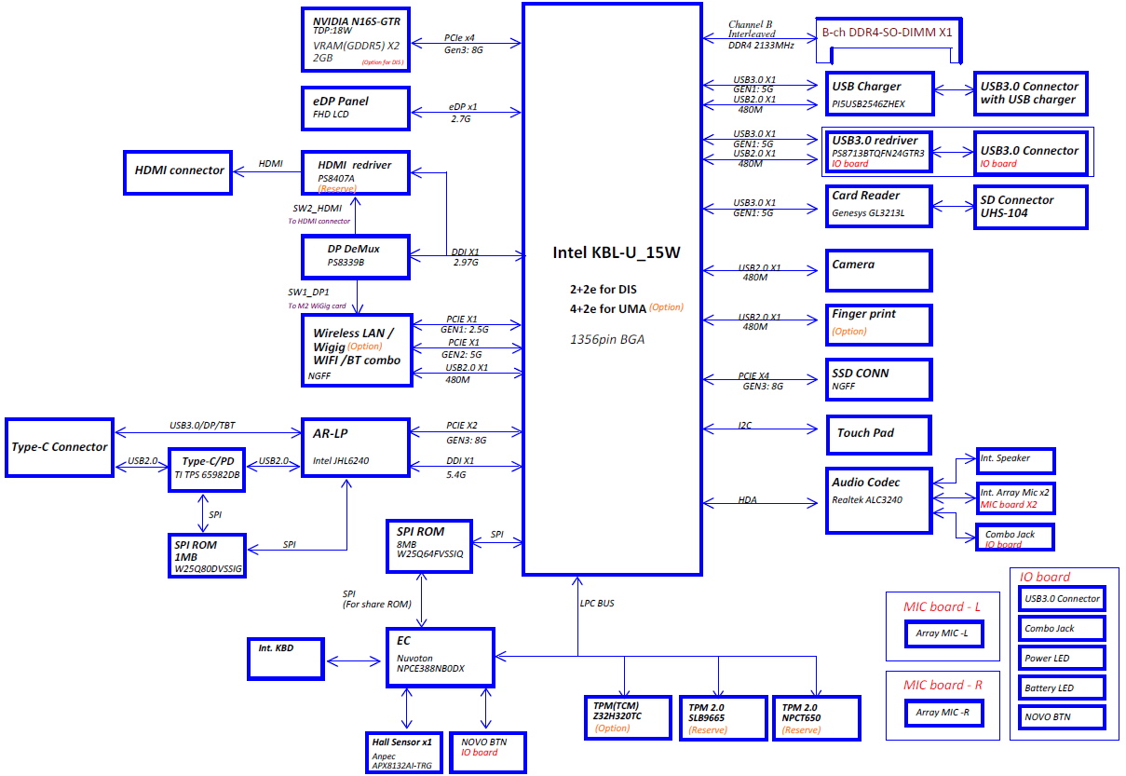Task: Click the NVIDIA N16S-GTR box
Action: pos(356,39)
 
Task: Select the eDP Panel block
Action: pos(356,108)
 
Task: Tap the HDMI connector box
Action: pos(178,170)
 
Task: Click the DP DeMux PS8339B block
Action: pos(356,256)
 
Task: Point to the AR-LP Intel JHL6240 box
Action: pos(356,447)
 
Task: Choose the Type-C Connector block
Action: pos(59,447)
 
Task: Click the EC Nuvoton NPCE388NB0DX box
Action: pos(440,657)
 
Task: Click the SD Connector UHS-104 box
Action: pos(1030,207)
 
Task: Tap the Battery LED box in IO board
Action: pos(1062,688)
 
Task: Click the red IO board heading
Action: pos(1045,577)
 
